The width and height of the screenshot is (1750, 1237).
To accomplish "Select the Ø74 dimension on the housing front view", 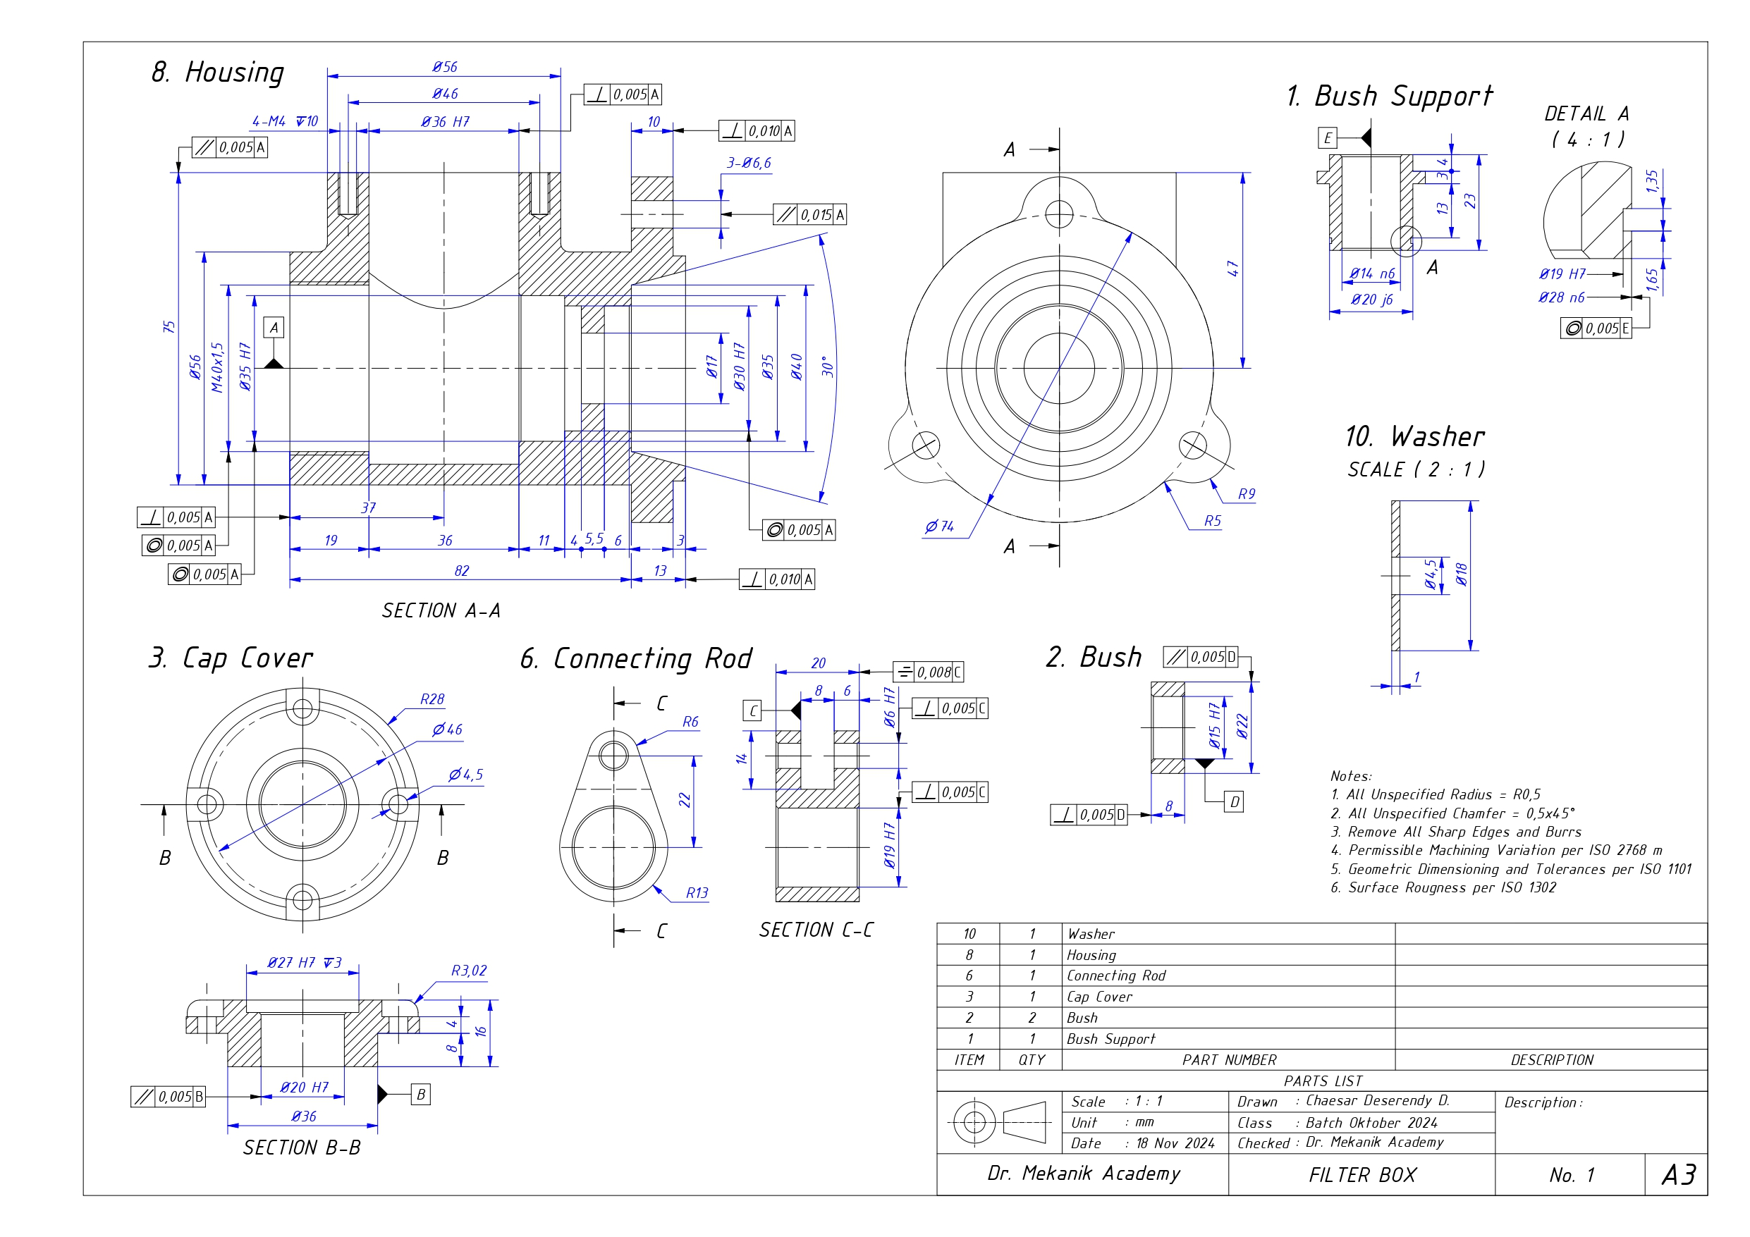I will tap(939, 526).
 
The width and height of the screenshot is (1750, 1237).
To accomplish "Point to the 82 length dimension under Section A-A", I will tap(461, 571).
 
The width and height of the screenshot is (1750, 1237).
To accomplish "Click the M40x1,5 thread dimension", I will tap(218, 367).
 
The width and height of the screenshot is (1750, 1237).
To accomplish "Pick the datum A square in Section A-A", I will tap(274, 328).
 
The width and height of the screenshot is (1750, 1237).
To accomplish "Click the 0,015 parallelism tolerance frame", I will tap(809, 215).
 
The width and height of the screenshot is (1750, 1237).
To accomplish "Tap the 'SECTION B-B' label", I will tap(302, 1147).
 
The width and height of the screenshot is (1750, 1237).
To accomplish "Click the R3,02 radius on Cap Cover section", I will tap(468, 971).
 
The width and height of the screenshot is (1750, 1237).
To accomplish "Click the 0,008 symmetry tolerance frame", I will tap(929, 672).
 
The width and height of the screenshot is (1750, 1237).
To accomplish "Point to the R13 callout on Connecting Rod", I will tap(697, 892).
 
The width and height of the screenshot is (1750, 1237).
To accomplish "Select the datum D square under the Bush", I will tap(1234, 802).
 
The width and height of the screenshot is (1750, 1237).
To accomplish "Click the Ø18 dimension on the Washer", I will tap(1460, 574).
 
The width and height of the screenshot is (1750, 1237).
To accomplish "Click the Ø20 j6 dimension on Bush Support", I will tap(1371, 300).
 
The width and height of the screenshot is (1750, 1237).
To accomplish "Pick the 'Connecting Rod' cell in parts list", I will tap(1116, 976).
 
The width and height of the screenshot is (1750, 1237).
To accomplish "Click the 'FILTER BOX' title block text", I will tap(1362, 1174).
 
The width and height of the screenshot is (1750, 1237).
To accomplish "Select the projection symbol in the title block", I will tap(998, 1122).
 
